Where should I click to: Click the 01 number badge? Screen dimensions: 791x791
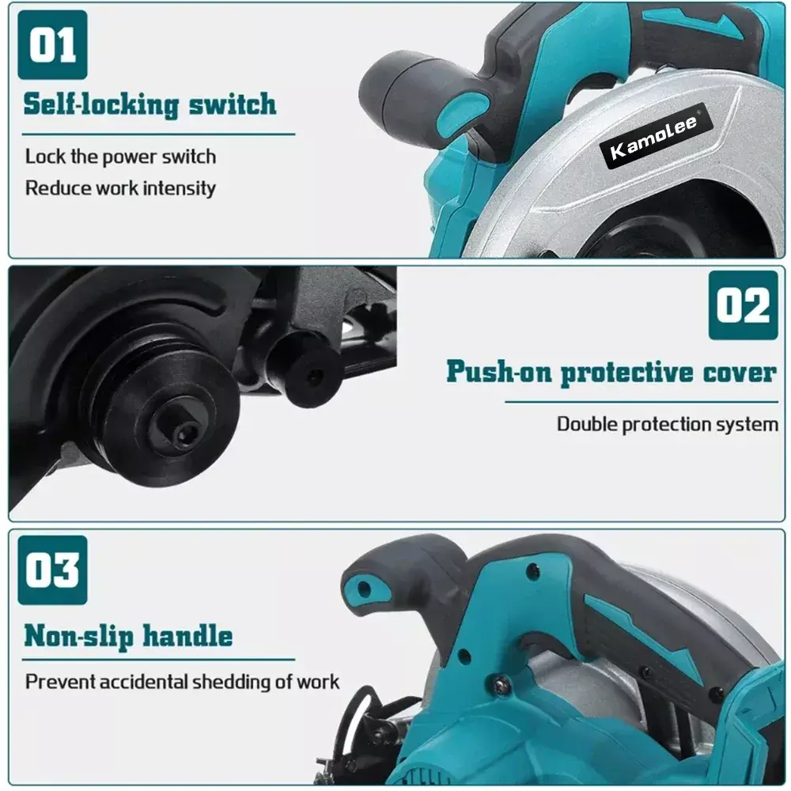(x=52, y=45)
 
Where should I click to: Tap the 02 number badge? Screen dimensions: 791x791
(x=743, y=305)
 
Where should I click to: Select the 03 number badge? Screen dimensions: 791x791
(x=52, y=570)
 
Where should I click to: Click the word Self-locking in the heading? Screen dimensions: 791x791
(x=101, y=105)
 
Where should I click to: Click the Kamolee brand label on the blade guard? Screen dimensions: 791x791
(x=655, y=137)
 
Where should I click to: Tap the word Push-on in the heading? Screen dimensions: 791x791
(x=499, y=373)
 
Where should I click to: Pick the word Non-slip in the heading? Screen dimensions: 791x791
(x=78, y=636)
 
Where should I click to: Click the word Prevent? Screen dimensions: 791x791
(x=60, y=682)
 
